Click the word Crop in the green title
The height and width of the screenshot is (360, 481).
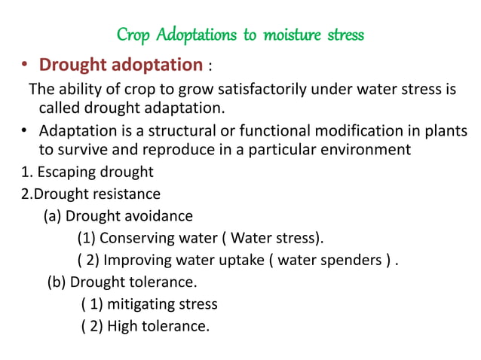pos(133,35)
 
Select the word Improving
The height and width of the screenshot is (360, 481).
pos(137,261)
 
